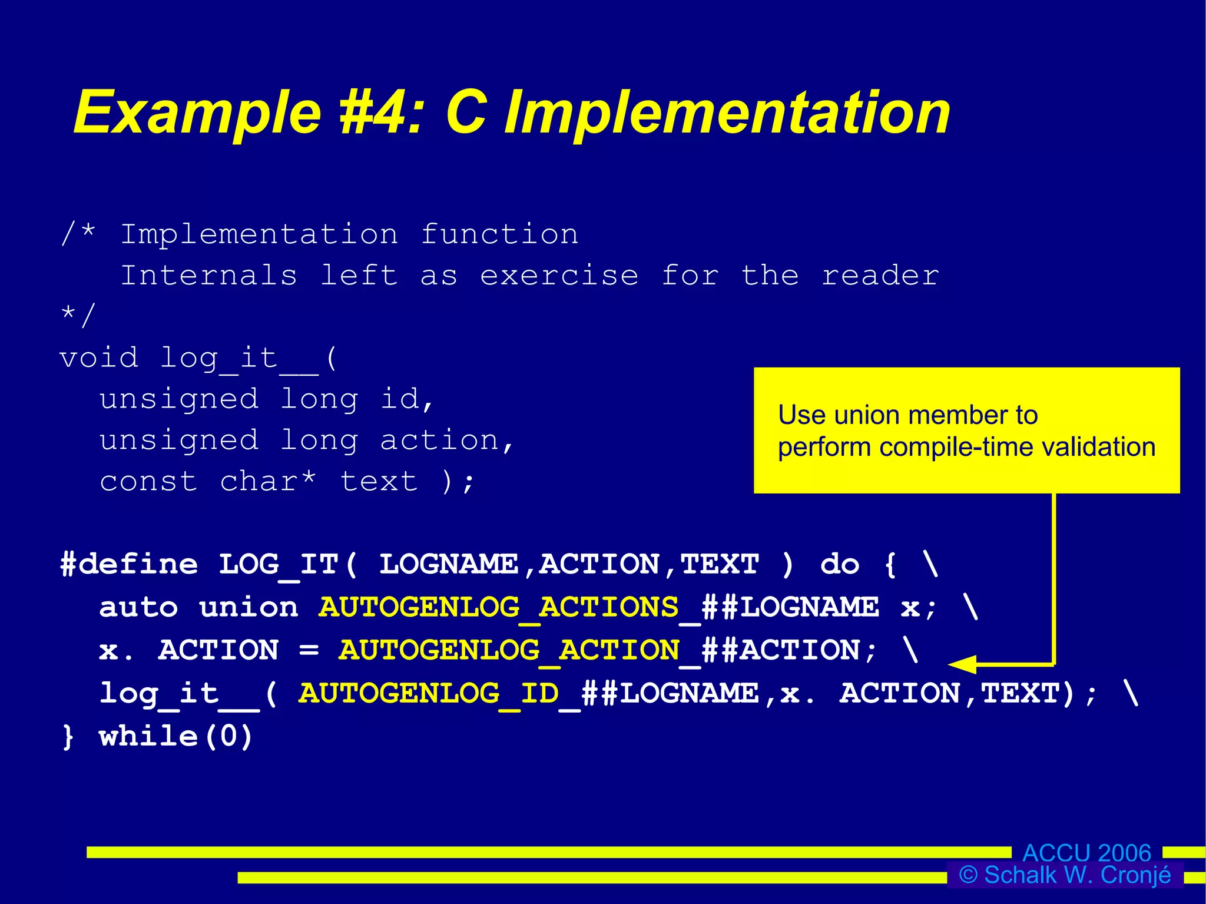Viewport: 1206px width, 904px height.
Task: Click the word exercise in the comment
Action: pyautogui.click(x=559, y=276)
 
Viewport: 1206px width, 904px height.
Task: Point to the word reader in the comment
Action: pyautogui.click(x=880, y=276)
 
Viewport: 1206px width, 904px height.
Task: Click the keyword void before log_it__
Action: pyautogui.click(x=99, y=357)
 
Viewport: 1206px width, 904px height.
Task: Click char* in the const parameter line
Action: pyautogui.click(x=268, y=481)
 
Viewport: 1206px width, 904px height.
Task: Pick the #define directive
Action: pyautogui.click(x=130, y=564)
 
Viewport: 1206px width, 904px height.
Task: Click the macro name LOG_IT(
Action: pyautogui.click(x=288, y=564)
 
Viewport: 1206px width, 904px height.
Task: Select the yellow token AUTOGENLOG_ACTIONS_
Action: pyautogui.click(x=509, y=607)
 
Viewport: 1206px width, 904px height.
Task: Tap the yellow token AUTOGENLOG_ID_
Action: pyautogui.click(x=439, y=693)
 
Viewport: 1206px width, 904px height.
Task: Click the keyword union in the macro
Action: pyautogui.click(x=249, y=607)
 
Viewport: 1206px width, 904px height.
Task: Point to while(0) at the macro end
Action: pyautogui.click(x=176, y=736)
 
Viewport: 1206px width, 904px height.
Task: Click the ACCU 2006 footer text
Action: pyautogui.click(x=1086, y=853)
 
